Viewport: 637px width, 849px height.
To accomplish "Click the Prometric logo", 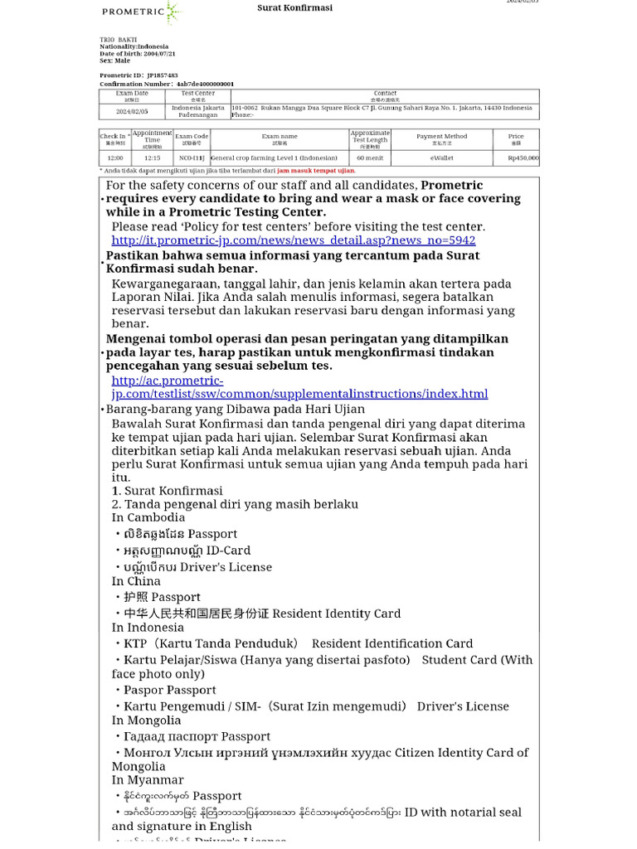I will click(140, 12).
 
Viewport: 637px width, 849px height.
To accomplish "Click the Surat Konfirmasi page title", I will click(294, 7).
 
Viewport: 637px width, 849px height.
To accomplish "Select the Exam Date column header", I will click(132, 96).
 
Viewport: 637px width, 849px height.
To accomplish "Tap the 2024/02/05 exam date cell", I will click(132, 111).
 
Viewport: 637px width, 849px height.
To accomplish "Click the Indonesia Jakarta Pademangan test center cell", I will click(197, 111).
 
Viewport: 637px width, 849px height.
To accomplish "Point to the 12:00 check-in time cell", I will click(114, 158).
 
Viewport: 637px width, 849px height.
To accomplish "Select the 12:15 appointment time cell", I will click(152, 158).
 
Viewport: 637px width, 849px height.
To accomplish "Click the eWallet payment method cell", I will click(441, 158).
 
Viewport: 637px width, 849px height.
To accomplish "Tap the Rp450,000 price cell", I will click(523, 158).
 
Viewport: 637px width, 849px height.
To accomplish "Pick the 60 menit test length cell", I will click(369, 158).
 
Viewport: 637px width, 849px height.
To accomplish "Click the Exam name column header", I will click(279, 138).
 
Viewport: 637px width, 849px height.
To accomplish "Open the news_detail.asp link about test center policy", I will click(294, 240).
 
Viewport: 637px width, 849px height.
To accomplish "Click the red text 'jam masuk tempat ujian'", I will click(315, 171).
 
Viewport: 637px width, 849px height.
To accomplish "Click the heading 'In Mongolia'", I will click(146, 720).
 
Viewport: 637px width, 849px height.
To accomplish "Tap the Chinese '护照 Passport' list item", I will click(162, 597).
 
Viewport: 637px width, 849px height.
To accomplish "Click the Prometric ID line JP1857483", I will click(139, 75).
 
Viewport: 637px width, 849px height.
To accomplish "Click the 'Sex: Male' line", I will click(114, 61).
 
